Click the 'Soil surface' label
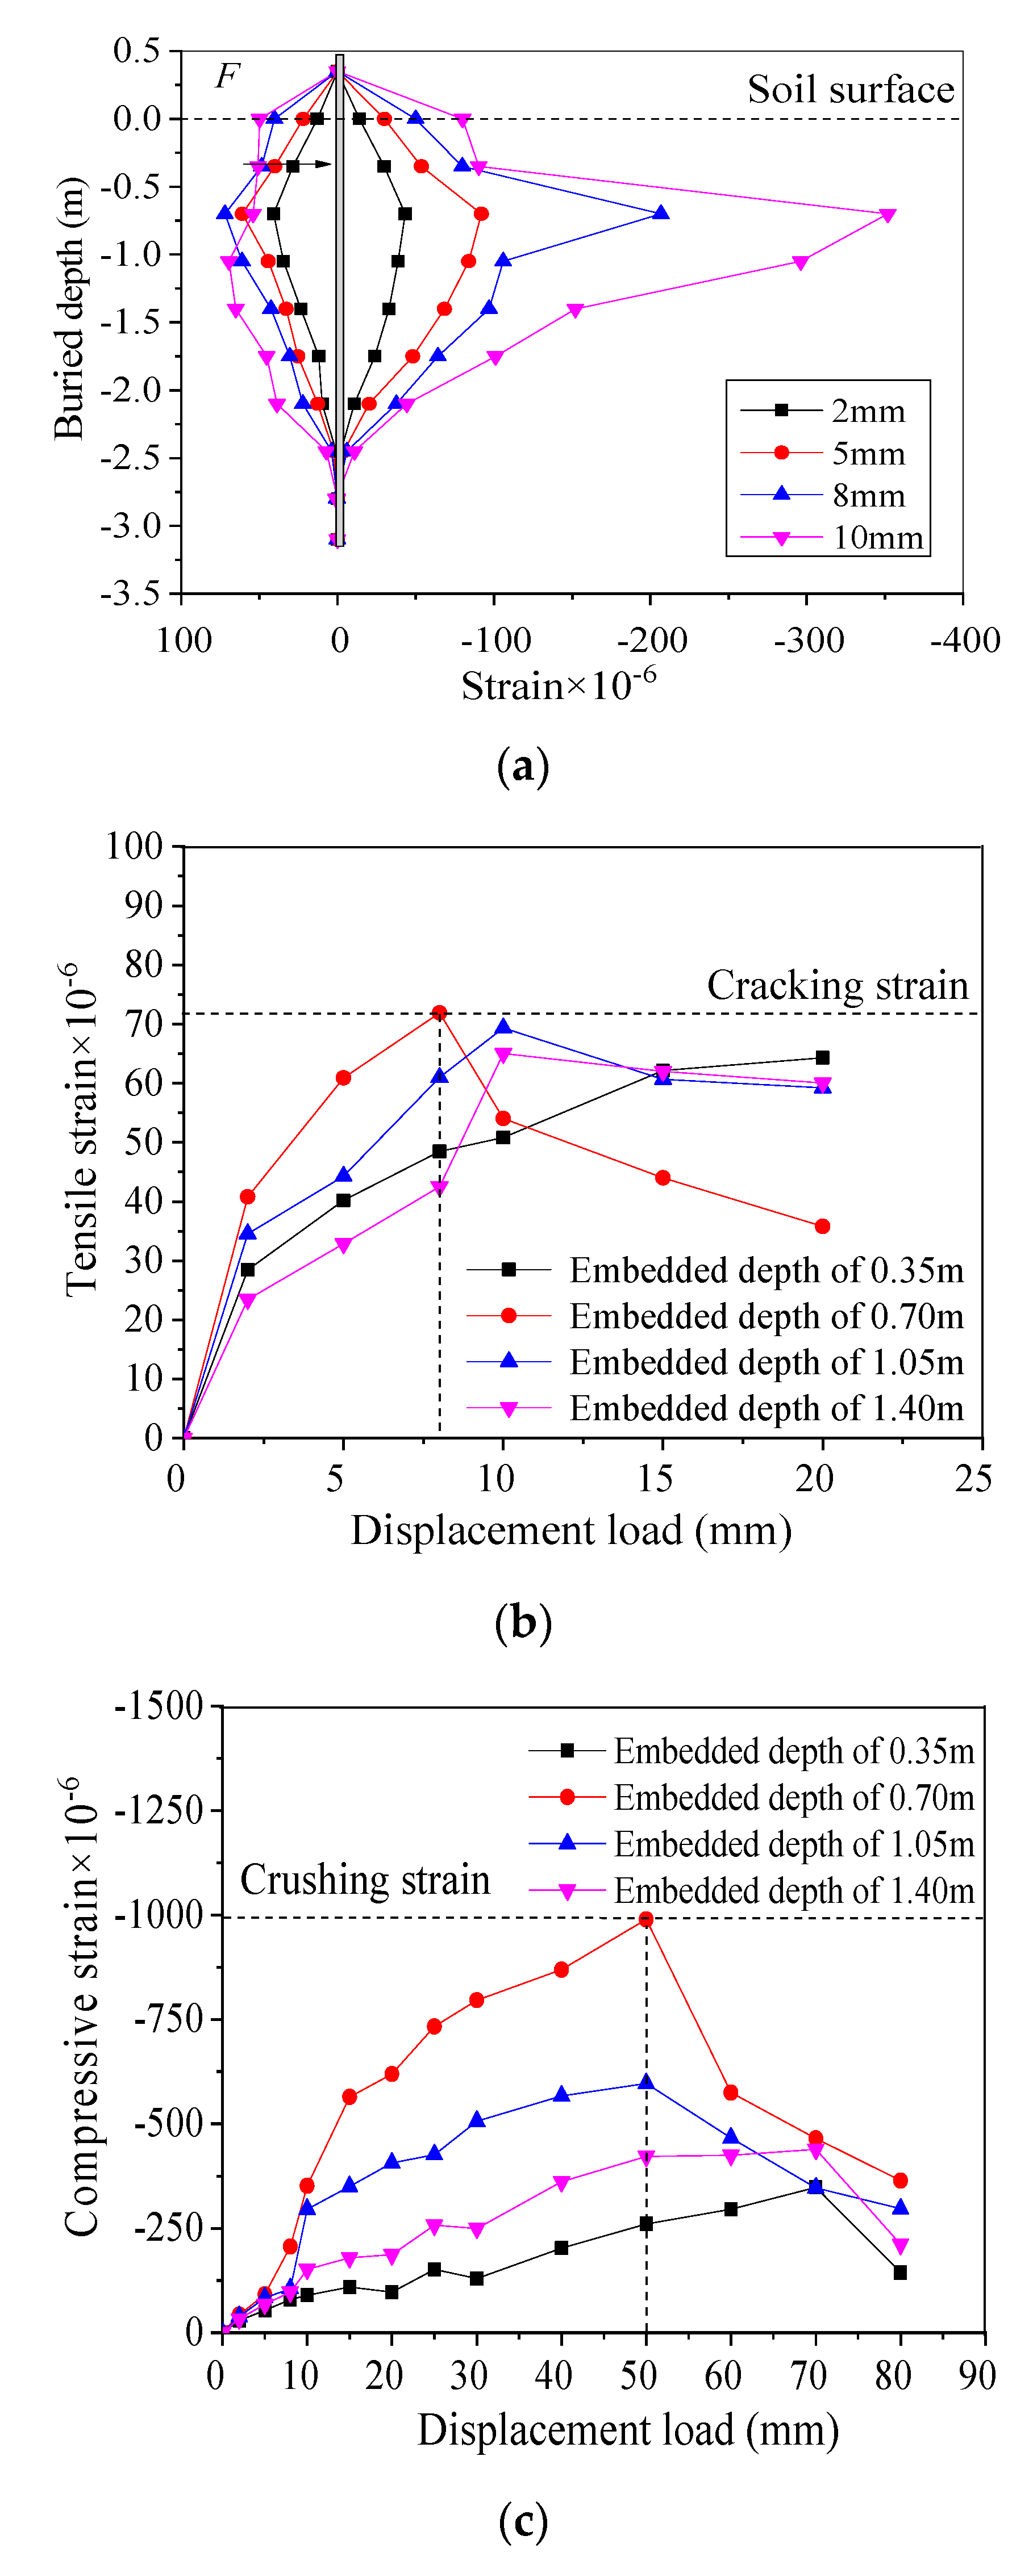pos(849,90)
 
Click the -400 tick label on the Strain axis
pos(964,640)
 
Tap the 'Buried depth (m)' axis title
pos(70,309)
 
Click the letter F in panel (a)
pos(227,76)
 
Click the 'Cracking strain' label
pos(837,986)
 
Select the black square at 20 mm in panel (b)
pos(822,1057)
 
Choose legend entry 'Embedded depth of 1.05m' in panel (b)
pos(766,1362)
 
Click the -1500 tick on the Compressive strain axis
pos(160,1706)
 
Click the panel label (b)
pos(522,1621)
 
